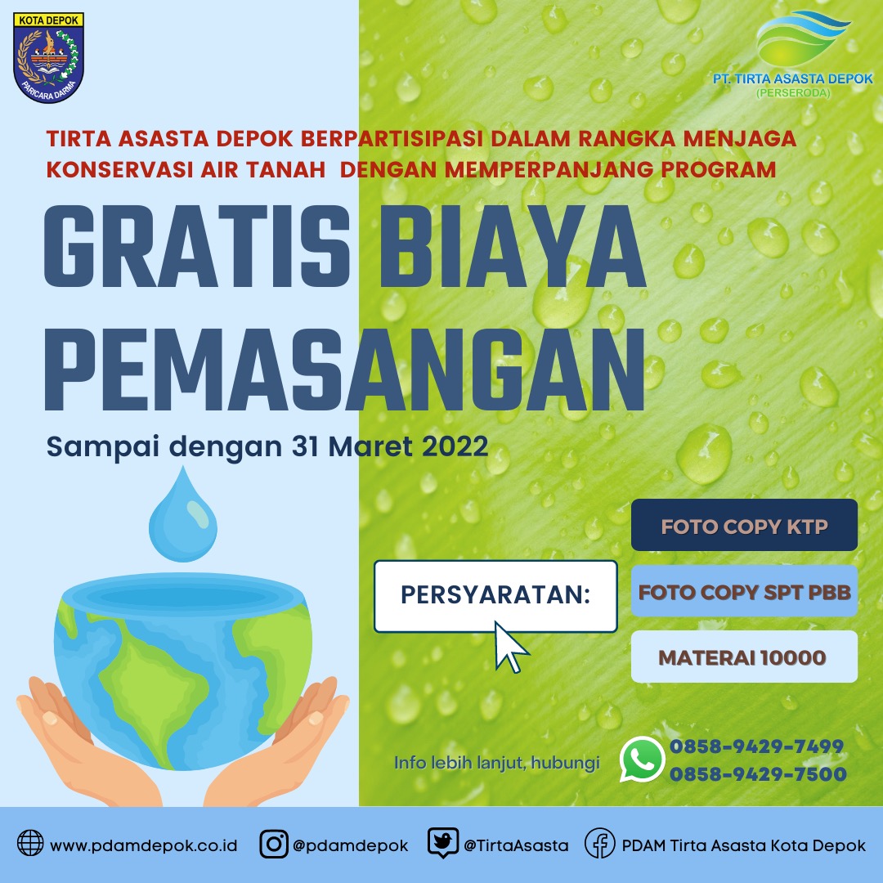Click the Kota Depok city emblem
(x=48, y=57)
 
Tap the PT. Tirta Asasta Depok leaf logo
(x=803, y=37)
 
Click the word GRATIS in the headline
(x=197, y=247)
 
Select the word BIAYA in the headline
(x=512, y=247)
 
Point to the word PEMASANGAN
(x=344, y=370)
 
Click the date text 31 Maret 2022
(x=390, y=446)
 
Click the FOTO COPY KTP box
(x=744, y=525)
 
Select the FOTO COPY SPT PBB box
(x=744, y=591)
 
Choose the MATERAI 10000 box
(x=744, y=657)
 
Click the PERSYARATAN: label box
(x=495, y=596)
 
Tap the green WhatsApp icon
(x=642, y=759)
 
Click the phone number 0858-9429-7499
(x=756, y=746)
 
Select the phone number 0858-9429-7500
(x=758, y=774)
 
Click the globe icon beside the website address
(x=30, y=843)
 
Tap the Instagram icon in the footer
(x=274, y=844)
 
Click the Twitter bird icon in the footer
(x=442, y=842)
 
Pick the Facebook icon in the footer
(x=599, y=843)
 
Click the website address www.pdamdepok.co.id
(x=144, y=845)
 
